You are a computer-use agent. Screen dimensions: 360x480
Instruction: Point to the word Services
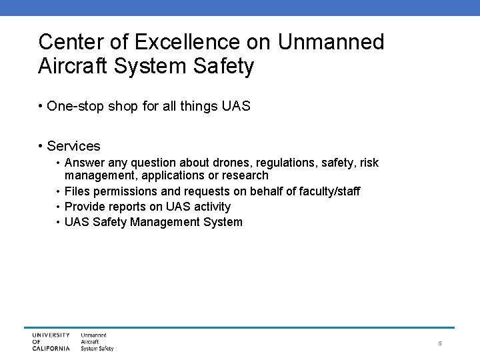point(73,146)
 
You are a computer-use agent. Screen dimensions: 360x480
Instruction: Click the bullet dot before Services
point(41,146)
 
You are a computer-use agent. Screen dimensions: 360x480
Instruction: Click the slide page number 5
point(441,343)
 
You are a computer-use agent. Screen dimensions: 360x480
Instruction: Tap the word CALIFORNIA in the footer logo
point(51,348)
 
